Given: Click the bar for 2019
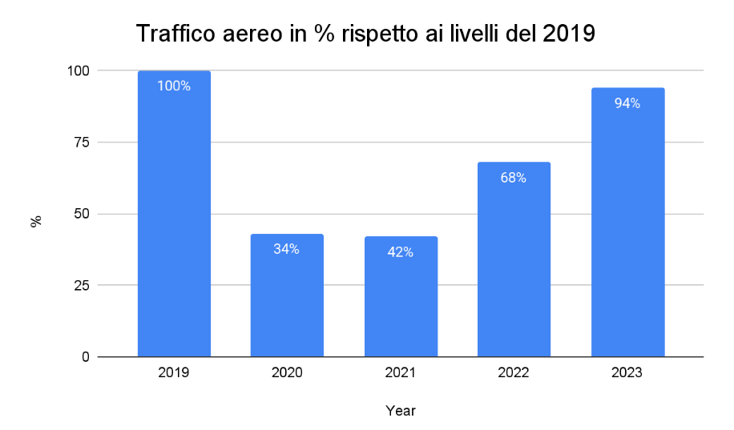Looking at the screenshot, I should [174, 224].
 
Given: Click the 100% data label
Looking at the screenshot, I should [174, 86].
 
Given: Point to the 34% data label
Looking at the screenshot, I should [286, 249].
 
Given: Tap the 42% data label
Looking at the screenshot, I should [400, 252].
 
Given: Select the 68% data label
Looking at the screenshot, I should [514, 178].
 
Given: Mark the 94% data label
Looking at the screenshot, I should [627, 103].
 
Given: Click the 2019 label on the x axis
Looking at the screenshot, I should [174, 373].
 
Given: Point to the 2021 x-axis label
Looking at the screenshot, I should [401, 373].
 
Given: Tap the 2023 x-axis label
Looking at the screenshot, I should [627, 373].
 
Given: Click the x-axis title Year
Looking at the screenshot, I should [400, 411].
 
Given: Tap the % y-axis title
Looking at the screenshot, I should [36, 221].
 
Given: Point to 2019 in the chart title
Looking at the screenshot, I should [568, 34].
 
